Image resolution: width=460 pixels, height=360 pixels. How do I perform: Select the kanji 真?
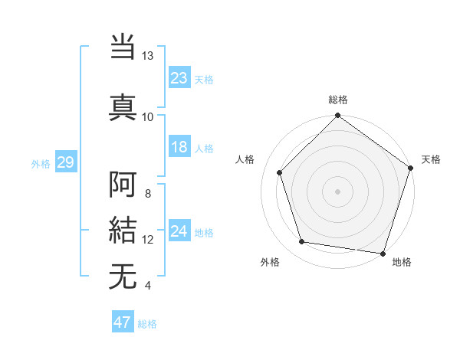click(123, 105)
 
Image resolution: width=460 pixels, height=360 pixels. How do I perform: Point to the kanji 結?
click(123, 231)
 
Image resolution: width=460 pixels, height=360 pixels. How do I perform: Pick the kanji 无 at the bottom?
click(123, 276)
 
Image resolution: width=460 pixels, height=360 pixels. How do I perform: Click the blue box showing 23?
click(179, 77)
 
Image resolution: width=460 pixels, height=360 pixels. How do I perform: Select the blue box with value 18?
click(179, 147)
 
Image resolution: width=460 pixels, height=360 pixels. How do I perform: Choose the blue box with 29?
click(65, 162)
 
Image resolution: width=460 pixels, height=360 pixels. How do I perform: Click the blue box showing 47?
click(123, 322)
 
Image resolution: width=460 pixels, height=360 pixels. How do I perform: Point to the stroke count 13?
click(148, 55)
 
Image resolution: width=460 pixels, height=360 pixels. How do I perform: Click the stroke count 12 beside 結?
click(148, 240)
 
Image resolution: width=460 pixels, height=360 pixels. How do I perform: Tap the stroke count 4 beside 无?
click(147, 286)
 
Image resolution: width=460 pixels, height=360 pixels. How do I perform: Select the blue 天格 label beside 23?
click(204, 80)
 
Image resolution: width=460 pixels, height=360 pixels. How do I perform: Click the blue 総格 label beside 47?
click(147, 324)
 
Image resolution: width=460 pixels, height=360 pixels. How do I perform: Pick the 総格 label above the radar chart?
click(337, 100)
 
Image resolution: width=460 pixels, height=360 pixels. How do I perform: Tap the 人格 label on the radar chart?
click(245, 159)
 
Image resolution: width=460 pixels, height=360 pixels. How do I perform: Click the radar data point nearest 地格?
click(383, 253)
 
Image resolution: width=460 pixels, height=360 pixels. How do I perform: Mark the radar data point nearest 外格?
click(302, 242)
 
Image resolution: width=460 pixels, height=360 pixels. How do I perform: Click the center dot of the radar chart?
click(337, 191)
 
